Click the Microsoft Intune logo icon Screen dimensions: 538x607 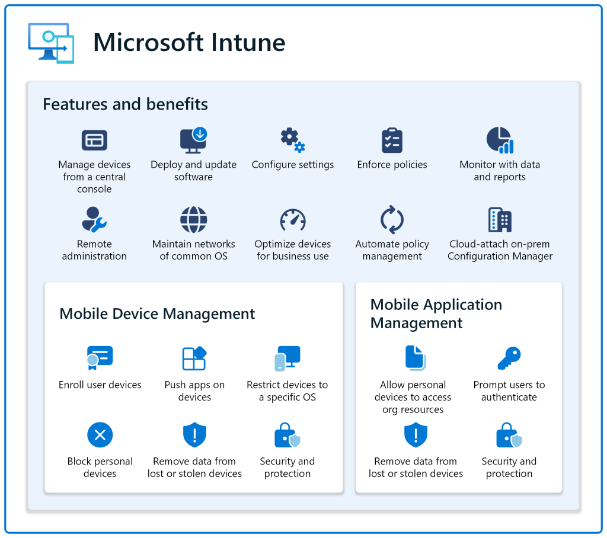tap(51, 43)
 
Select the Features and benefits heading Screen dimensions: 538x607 tap(125, 105)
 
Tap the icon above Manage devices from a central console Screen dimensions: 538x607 tap(94, 140)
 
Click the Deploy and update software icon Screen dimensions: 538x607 tap(193, 140)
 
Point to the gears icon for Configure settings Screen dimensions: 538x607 tap(292, 140)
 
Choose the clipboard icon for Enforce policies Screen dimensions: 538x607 tap(392, 140)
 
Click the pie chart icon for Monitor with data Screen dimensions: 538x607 tap(500, 140)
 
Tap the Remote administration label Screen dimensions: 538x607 tap(94, 250)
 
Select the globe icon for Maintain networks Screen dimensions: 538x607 tap(194, 220)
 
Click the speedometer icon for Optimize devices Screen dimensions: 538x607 tap(292, 220)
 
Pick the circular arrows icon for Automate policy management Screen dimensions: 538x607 tap(392, 220)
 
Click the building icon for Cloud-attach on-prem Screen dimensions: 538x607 tap(500, 220)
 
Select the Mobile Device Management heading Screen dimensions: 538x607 tap(157, 314)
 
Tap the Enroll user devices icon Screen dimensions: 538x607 tap(100, 358)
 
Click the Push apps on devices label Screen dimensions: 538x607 tap(194, 391)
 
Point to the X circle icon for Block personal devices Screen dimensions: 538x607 tap(100, 435)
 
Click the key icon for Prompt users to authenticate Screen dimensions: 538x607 tap(509, 358)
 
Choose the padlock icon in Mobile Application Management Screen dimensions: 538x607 tap(509, 435)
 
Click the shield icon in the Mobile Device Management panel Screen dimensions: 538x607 tap(194, 435)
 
